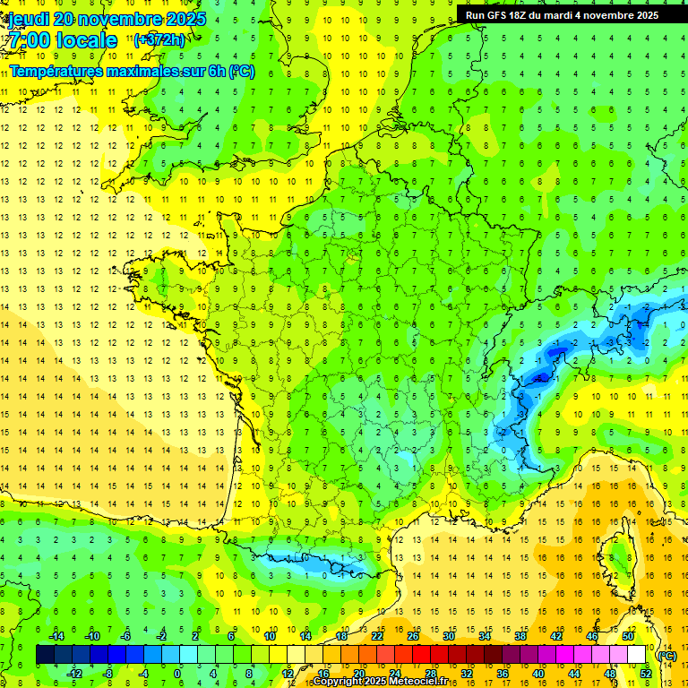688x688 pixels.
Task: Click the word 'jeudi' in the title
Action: point(28,19)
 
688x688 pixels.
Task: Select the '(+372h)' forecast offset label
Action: point(159,39)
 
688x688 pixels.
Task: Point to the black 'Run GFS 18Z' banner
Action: point(562,15)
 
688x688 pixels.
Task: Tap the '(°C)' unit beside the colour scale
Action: point(666,656)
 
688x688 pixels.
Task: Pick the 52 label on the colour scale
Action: point(646,674)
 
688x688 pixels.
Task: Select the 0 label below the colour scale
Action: point(177,674)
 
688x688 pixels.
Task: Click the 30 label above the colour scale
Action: point(448,635)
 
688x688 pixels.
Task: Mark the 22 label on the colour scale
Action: point(376,635)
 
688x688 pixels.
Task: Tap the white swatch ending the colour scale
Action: point(637,655)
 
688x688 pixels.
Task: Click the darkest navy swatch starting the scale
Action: point(45,655)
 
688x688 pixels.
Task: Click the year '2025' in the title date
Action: point(185,19)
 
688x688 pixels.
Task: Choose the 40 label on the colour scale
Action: point(537,674)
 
